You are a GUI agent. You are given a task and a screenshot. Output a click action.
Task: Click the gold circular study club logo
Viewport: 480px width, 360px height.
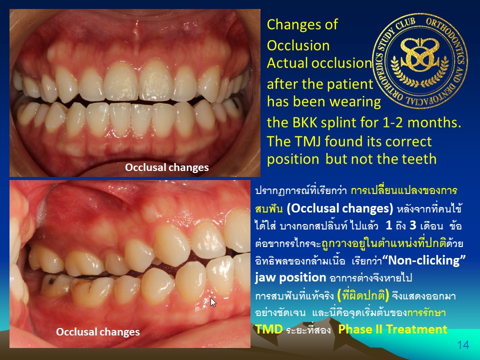pyautogui.click(x=419, y=61)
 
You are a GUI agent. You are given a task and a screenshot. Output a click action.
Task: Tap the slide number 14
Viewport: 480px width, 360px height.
pyautogui.click(x=463, y=345)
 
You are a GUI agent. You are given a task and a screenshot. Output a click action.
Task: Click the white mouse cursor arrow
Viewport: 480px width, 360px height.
pyautogui.click(x=213, y=302)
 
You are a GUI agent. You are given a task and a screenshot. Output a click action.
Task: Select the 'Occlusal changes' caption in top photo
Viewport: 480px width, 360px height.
pyautogui.click(x=167, y=167)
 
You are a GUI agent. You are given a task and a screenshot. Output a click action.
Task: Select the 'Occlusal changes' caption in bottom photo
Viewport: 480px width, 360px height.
pyautogui.click(x=98, y=332)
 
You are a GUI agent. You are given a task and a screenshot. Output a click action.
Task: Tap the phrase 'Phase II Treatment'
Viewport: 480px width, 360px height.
pyautogui.click(x=393, y=329)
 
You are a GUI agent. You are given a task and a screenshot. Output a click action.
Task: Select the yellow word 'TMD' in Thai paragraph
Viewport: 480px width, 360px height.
pyautogui.click(x=269, y=329)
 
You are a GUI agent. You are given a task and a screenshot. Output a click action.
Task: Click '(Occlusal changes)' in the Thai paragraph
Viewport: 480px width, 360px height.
pyautogui.click(x=340, y=208)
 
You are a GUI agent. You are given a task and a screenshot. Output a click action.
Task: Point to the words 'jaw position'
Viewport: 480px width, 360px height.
pyautogui.click(x=290, y=277)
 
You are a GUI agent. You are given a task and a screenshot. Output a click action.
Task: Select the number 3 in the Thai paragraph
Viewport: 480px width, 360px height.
pyautogui.click(x=413, y=225)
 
